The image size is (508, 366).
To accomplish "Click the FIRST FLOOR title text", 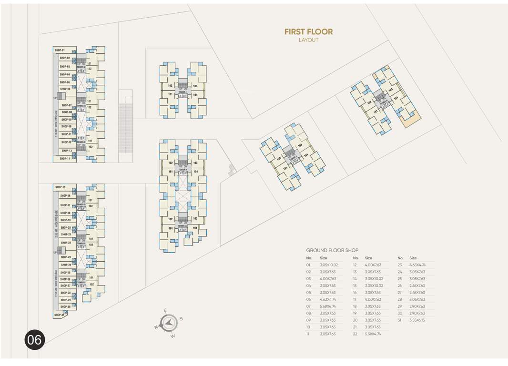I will coord(308,32).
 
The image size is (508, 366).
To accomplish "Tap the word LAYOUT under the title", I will coord(308,41).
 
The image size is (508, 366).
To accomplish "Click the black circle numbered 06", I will coord(34,339).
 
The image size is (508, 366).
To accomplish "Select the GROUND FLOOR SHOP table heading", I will coord(332,250).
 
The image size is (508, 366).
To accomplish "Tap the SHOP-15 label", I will coord(60,187).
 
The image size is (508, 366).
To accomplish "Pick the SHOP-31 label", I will coord(59,315).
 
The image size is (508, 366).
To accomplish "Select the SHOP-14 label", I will coord(65,158).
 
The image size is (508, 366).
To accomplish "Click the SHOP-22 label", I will coord(66,243).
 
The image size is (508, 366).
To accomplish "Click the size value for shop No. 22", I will coord(373,334).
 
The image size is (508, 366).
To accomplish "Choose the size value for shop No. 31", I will coord(417,320).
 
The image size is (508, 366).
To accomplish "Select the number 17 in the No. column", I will coord(355,299).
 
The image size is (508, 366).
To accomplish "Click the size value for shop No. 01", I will coord(329,264).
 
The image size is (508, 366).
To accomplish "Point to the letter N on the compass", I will coord(156,327).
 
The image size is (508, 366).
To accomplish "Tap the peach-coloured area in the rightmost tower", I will coord(411,120).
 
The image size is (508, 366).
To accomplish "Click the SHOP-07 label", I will coord(66,105).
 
